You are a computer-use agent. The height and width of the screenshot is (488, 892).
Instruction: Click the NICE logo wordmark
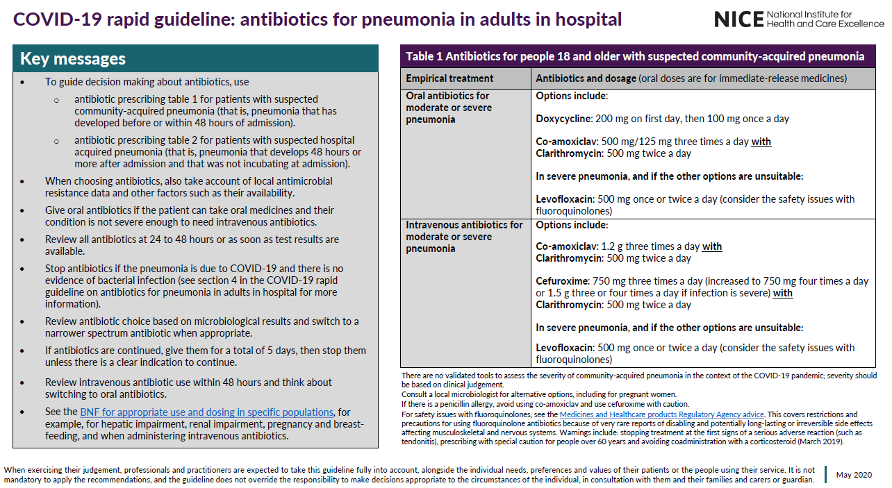coord(738,19)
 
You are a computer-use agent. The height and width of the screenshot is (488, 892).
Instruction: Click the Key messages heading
coord(73,59)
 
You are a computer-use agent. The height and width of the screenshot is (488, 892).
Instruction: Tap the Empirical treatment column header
coord(449,78)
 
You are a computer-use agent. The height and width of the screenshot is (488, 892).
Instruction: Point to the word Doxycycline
coord(563,119)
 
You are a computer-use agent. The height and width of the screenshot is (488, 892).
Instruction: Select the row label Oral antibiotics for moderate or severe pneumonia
coord(449,108)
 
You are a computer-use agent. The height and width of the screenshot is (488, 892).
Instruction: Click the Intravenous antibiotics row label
coord(464,237)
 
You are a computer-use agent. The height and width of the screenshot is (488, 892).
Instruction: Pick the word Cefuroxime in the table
coord(561,281)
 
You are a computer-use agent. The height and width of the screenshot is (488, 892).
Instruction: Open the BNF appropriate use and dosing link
coord(206,412)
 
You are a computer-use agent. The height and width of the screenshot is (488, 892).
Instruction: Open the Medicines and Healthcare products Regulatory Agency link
coord(662,414)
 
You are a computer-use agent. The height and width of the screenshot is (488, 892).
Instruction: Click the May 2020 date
coord(854,475)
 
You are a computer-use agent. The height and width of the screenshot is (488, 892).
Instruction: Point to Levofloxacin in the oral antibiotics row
coord(565,199)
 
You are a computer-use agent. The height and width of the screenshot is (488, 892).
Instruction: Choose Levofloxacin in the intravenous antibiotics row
coord(565,348)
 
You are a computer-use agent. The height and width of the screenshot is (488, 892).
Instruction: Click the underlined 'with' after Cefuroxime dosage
coord(783,293)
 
